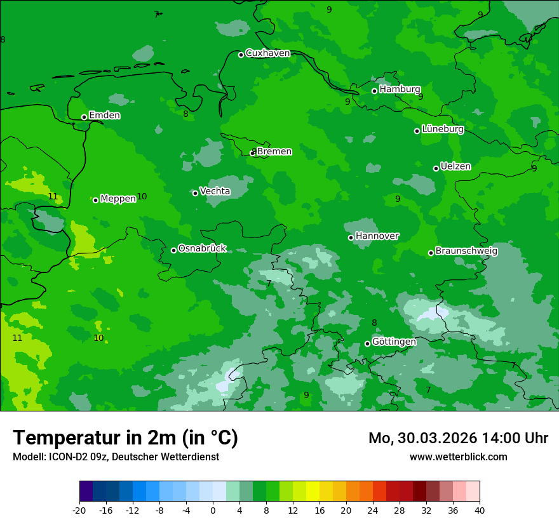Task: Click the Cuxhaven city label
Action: pyautogui.click(x=267, y=53)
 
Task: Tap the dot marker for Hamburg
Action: pyautogui.click(x=375, y=91)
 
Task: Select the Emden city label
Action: pyautogui.click(x=104, y=116)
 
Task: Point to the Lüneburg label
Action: pyautogui.click(x=443, y=129)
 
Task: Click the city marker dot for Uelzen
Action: pyautogui.click(x=436, y=168)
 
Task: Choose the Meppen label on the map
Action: pyautogui.click(x=118, y=199)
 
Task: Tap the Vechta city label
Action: pyautogui.click(x=215, y=191)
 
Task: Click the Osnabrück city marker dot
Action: pyautogui.click(x=173, y=250)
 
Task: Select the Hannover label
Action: pyautogui.click(x=377, y=236)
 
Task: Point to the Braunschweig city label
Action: pyautogui.click(x=466, y=251)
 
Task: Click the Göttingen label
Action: pyautogui.click(x=394, y=342)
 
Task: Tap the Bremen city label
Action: pyautogui.click(x=274, y=152)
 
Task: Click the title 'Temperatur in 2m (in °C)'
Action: pyautogui.click(x=125, y=438)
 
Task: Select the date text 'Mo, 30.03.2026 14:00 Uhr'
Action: pyautogui.click(x=458, y=438)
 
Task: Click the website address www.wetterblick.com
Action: pyautogui.click(x=458, y=457)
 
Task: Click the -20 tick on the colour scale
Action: pyautogui.click(x=79, y=510)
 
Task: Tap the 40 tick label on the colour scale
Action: pyautogui.click(x=479, y=510)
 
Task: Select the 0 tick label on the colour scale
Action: pyautogui.click(x=213, y=510)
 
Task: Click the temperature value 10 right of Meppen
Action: pyautogui.click(x=142, y=197)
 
